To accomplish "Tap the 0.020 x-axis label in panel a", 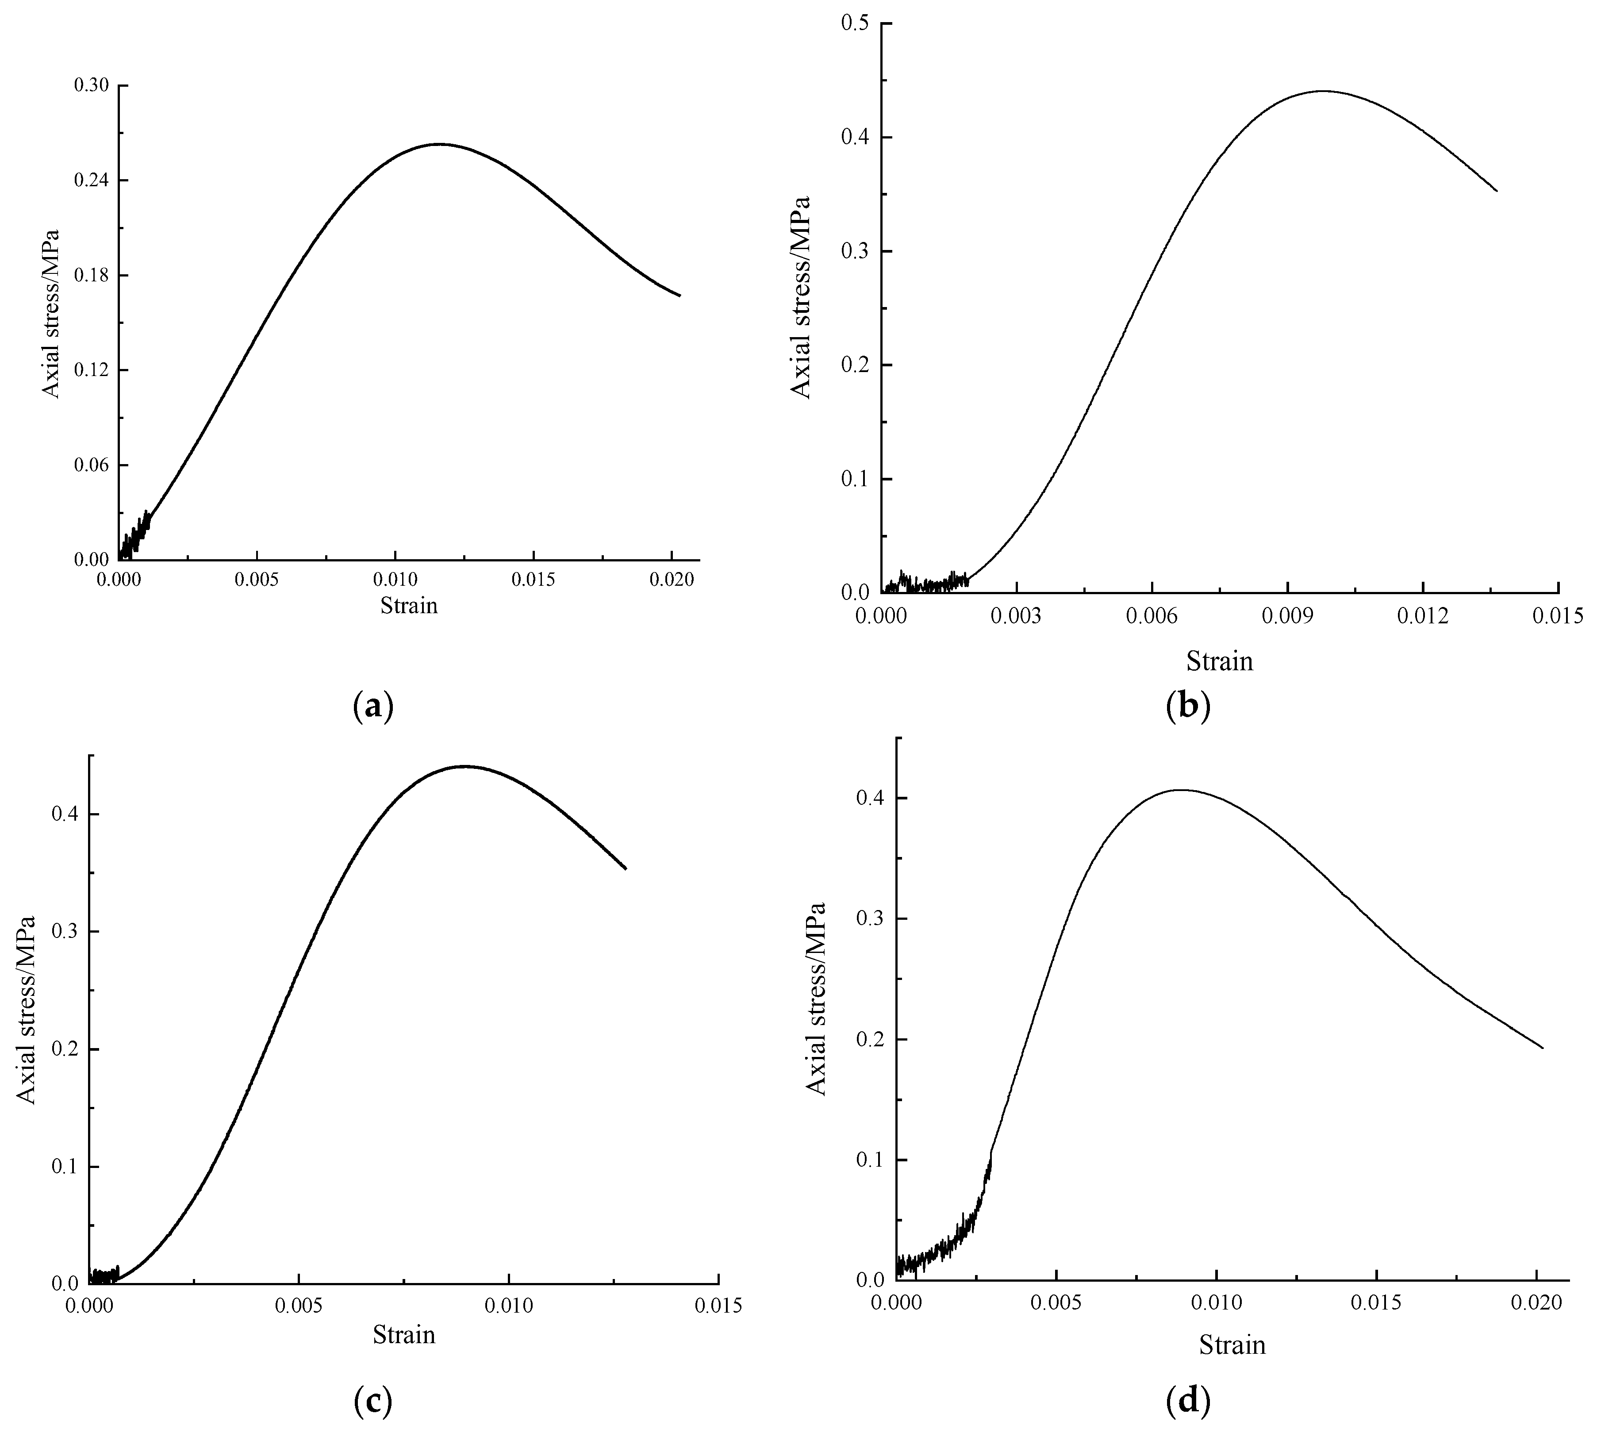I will coord(672,580).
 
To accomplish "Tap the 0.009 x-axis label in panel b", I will coord(1287,615).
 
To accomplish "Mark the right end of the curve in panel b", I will coord(1497,191).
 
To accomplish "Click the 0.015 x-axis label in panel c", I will coord(718,1306).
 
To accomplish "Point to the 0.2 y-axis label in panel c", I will coord(65,1050).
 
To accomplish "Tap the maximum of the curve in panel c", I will coord(465,765).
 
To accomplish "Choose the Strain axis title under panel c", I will coord(403,1335).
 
